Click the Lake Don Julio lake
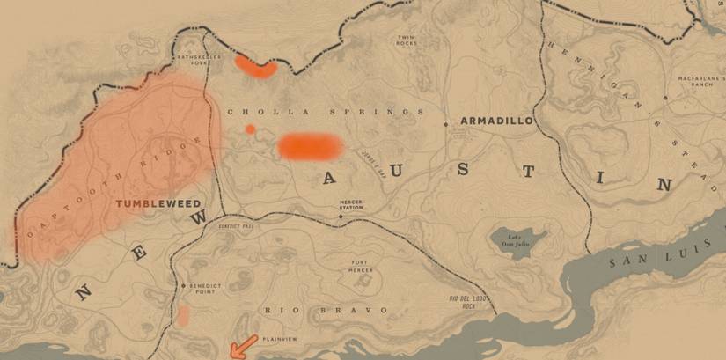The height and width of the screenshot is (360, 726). click(519, 239)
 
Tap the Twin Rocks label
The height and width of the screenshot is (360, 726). click(406, 40)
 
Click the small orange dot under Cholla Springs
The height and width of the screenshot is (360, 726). click(251, 129)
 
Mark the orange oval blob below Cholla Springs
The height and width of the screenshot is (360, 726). click(309, 146)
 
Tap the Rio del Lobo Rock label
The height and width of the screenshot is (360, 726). click(467, 304)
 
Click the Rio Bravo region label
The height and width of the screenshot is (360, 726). click(326, 311)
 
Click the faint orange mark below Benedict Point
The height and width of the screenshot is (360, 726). click(183, 316)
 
